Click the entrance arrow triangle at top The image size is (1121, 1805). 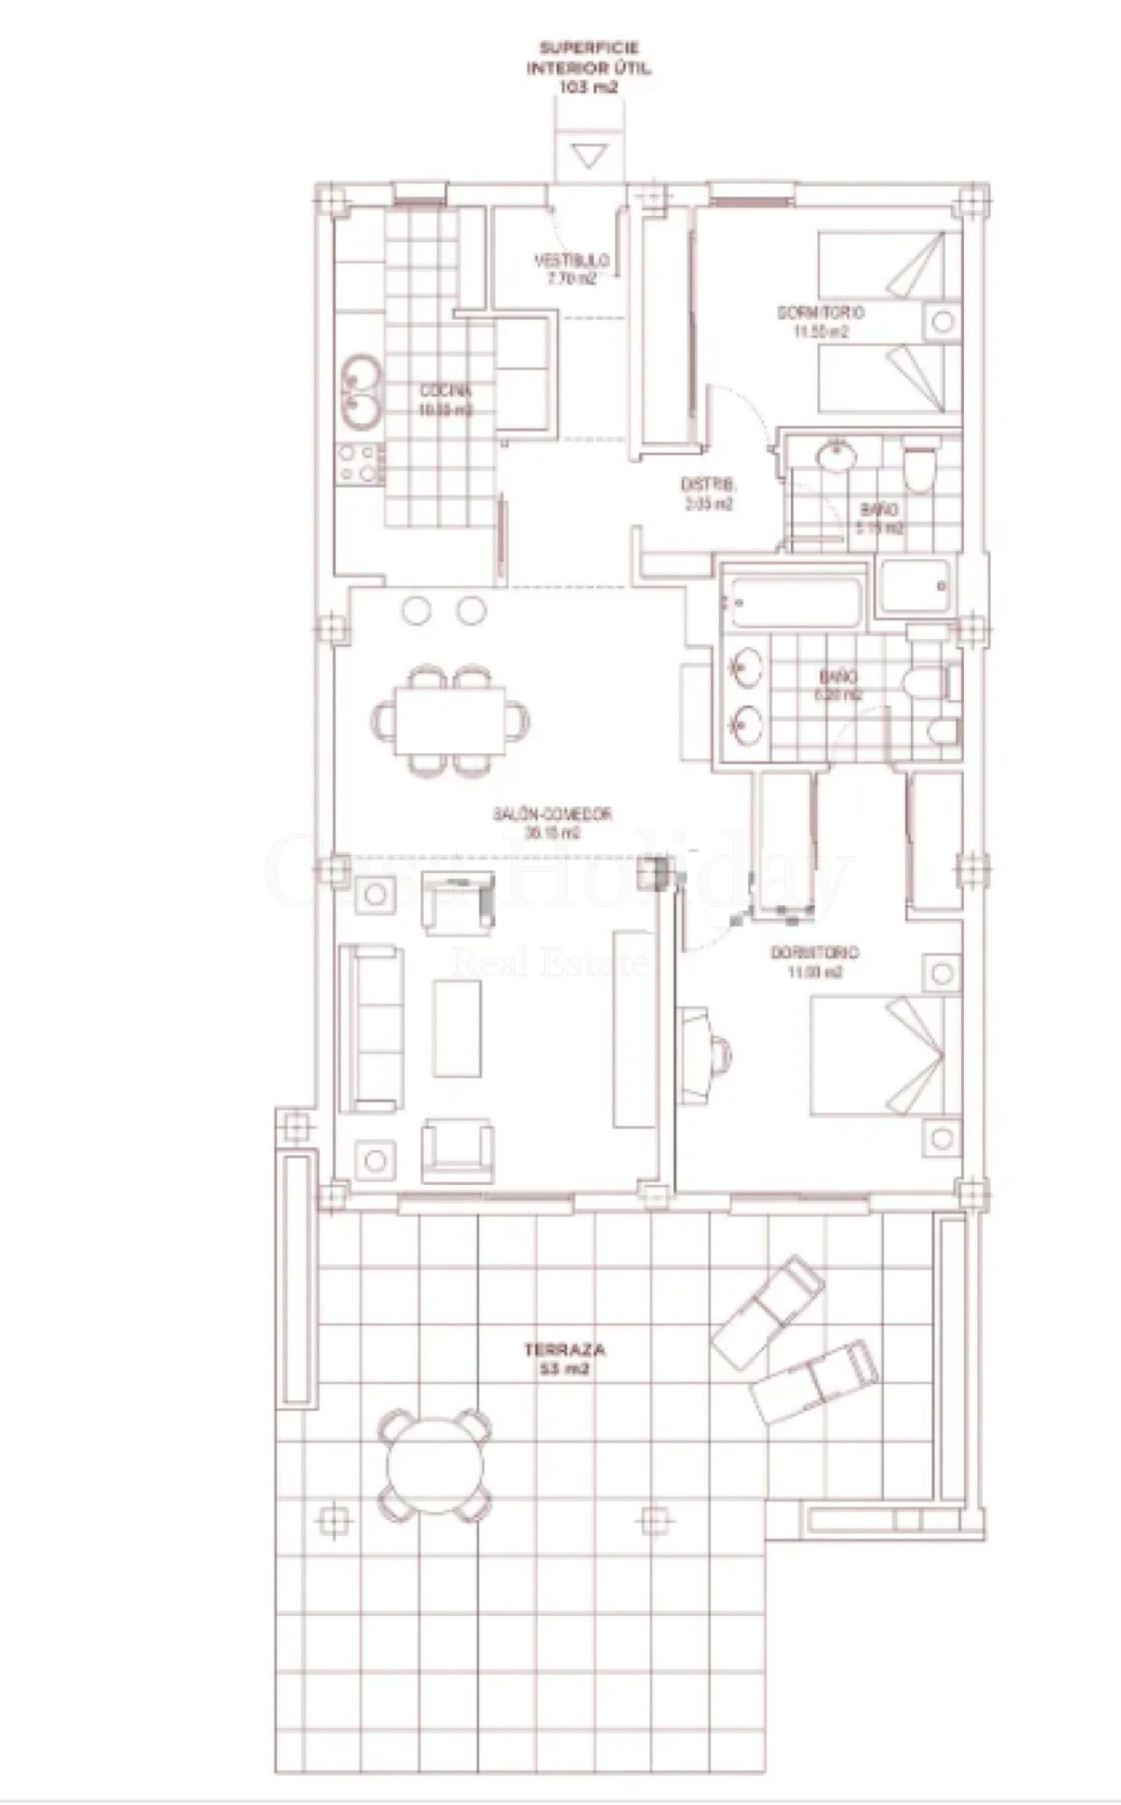click(590, 156)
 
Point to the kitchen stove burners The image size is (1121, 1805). click(360, 463)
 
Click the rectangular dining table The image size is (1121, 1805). click(450, 719)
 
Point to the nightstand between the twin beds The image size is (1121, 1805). click(942, 322)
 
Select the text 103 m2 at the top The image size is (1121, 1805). click(589, 87)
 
